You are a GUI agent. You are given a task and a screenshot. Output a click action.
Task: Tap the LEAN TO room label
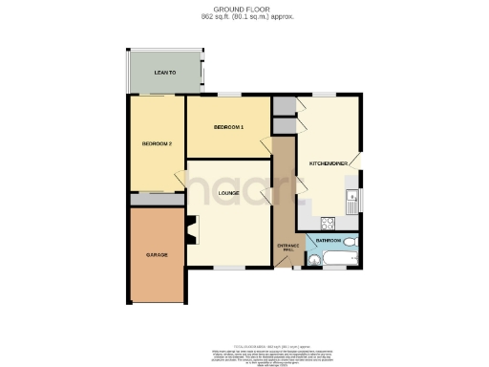[167, 73]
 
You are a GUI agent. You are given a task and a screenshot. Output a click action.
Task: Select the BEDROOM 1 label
[228, 127]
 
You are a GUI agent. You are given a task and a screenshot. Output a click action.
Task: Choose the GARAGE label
[157, 256]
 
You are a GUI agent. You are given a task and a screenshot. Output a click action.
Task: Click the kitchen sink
[352, 202]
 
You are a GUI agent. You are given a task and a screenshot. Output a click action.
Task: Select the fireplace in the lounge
[192, 229]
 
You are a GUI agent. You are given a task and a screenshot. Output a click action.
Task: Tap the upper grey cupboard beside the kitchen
[283, 106]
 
